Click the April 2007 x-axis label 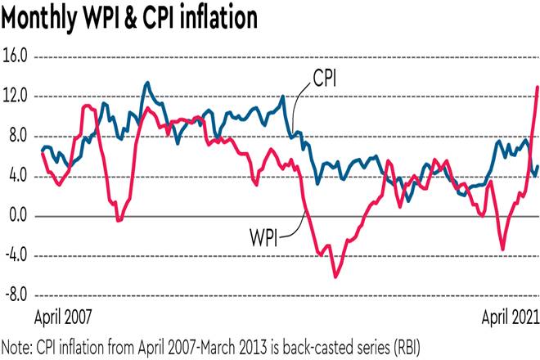pos(63,316)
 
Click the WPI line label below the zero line pos(264,238)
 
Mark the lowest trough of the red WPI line pos(335,277)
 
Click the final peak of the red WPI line pos(537,87)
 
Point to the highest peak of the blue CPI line pos(146,83)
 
